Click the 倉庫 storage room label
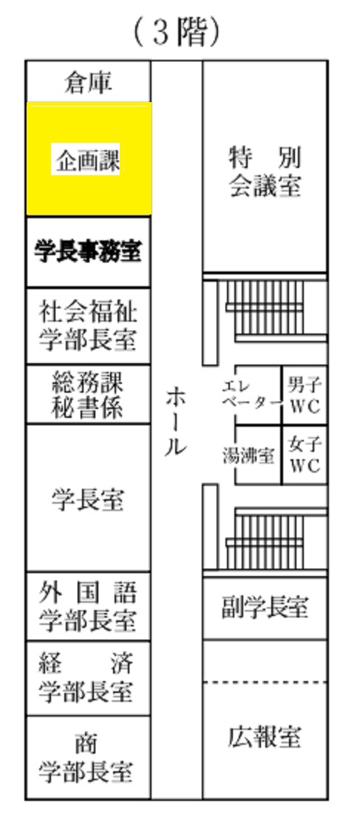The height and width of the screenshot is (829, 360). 88,83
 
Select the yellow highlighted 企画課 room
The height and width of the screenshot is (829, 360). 89,158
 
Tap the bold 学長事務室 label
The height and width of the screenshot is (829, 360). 88,251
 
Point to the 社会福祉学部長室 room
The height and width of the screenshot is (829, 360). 88,326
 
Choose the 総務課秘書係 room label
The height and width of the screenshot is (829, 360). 88,394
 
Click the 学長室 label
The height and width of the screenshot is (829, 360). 88,499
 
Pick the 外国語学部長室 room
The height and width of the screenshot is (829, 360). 88,606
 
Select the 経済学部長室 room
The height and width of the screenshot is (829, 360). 88,679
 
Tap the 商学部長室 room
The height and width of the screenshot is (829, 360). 88,757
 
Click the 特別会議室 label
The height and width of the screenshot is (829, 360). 265,172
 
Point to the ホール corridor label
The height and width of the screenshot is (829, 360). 175,422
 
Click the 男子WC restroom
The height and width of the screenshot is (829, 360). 305,395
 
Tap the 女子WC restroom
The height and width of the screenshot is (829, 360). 305,455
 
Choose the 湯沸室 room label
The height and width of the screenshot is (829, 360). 248,456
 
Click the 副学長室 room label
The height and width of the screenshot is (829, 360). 265,607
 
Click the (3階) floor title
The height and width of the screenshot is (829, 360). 176,33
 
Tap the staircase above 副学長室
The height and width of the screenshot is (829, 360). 272,538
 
